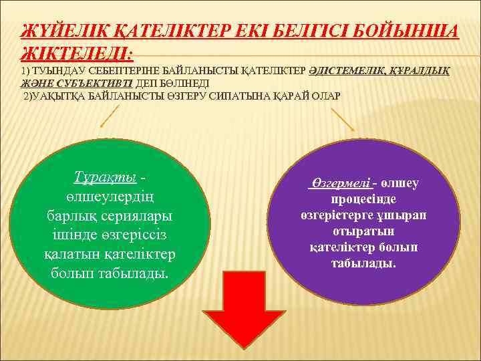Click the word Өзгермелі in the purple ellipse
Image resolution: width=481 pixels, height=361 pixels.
coord(339,183)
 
